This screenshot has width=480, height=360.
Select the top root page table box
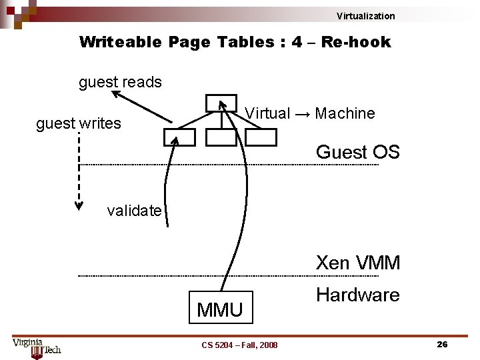click(221, 103)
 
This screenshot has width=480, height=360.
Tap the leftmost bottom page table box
click(179, 137)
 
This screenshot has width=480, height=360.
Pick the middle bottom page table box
click(221, 137)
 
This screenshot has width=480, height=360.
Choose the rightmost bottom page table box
click(261, 137)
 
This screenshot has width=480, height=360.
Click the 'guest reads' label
click(120, 82)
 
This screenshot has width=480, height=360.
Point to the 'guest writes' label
click(79, 123)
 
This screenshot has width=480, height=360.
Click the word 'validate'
click(134, 211)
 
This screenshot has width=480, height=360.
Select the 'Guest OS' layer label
click(357, 152)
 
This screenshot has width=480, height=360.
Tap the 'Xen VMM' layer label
click(357, 263)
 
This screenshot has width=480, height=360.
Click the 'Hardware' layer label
click(357, 295)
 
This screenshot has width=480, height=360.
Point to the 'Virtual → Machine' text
click(310, 113)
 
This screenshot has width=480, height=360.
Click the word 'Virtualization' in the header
click(365, 16)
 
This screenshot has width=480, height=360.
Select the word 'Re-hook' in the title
click(355, 42)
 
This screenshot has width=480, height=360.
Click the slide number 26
click(441, 344)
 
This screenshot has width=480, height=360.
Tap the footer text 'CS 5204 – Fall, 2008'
click(239, 345)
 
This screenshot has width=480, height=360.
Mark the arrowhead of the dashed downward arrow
click(79, 205)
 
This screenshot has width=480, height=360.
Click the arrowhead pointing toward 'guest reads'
click(117, 95)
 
